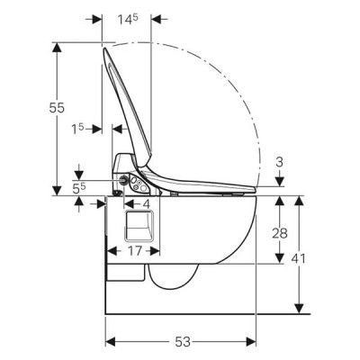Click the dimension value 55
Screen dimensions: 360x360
(x=57, y=108)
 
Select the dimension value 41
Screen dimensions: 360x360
(x=298, y=258)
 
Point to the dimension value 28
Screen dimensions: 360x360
(x=280, y=233)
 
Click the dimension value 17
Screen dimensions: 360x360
(x=135, y=251)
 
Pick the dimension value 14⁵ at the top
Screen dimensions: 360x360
(x=128, y=19)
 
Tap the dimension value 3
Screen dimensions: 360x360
(x=279, y=162)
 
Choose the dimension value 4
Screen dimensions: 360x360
(x=146, y=204)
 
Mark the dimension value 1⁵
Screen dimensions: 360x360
(x=77, y=130)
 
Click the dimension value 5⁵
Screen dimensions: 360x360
(x=79, y=188)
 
